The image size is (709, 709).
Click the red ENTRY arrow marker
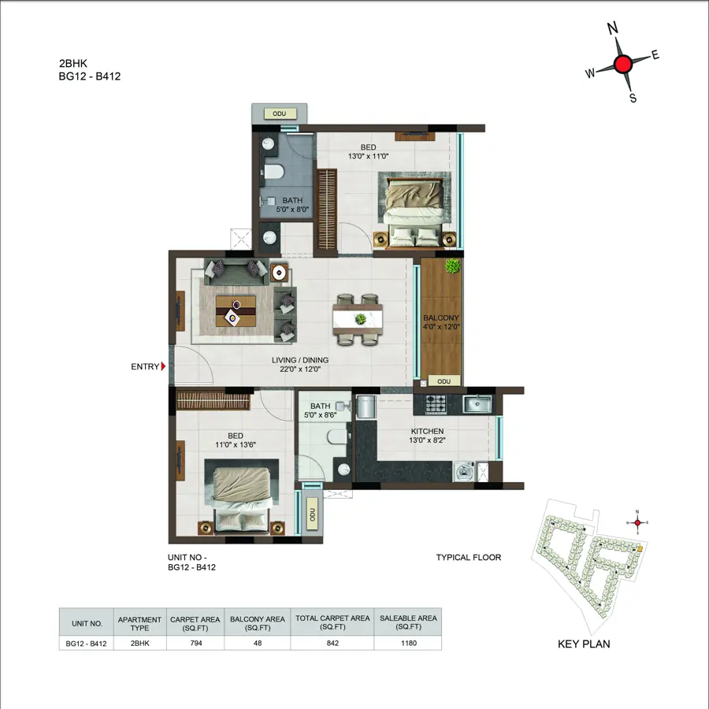tap(163, 366)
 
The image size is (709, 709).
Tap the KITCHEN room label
tap(427, 432)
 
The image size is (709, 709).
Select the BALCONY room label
tap(441, 318)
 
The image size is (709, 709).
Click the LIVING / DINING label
tap(300, 360)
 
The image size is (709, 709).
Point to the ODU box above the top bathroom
tap(280, 113)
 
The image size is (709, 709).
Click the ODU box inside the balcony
tap(444, 381)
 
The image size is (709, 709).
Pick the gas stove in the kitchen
tap(436, 404)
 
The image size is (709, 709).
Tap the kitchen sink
tap(477, 404)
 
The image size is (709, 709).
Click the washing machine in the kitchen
tap(464, 472)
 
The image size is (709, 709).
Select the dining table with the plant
tap(358, 319)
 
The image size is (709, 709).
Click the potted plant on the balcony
tap(452, 266)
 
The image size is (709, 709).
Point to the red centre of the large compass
tap(623, 64)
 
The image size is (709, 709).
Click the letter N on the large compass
tap(613, 28)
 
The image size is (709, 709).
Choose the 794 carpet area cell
tap(196, 643)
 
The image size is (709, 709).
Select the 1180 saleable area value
tap(409, 643)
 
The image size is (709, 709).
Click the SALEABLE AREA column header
tap(408, 622)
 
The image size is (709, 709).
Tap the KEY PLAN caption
tap(584, 644)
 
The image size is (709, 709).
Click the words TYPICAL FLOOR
tap(469, 558)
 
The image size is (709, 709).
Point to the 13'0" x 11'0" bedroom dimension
tap(368, 157)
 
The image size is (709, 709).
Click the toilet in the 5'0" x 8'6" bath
tap(337, 437)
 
